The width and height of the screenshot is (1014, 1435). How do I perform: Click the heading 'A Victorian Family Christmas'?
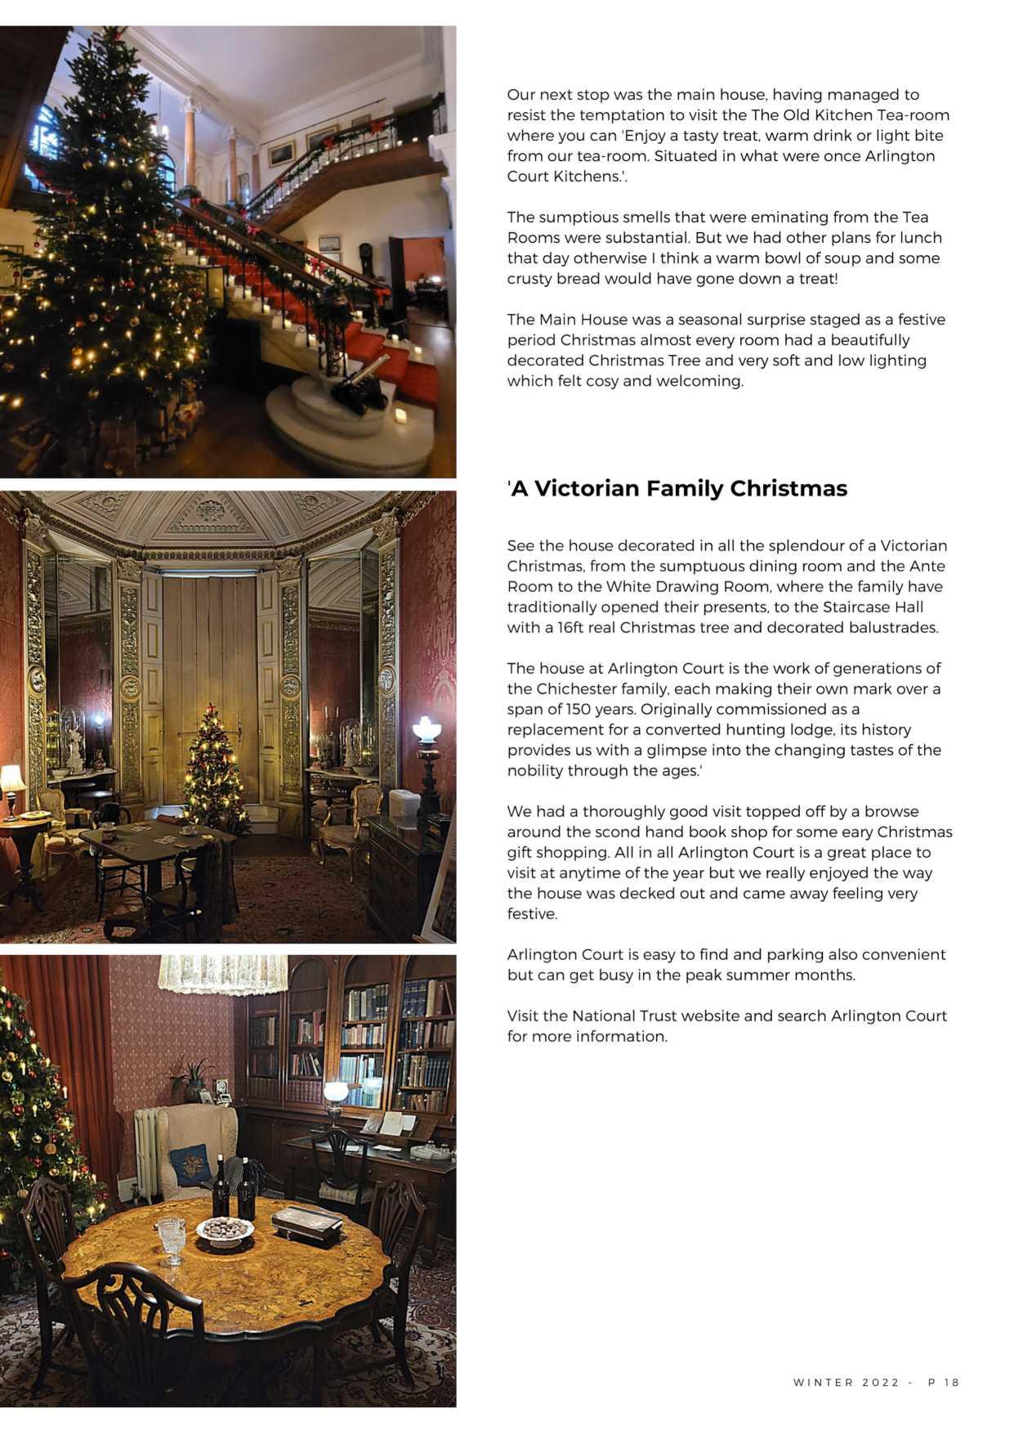tap(677, 488)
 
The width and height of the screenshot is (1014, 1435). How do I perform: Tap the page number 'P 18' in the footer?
tap(944, 1382)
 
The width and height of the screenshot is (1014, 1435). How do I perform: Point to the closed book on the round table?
tap(306, 1224)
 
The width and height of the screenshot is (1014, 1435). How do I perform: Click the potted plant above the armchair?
tap(194, 1078)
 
